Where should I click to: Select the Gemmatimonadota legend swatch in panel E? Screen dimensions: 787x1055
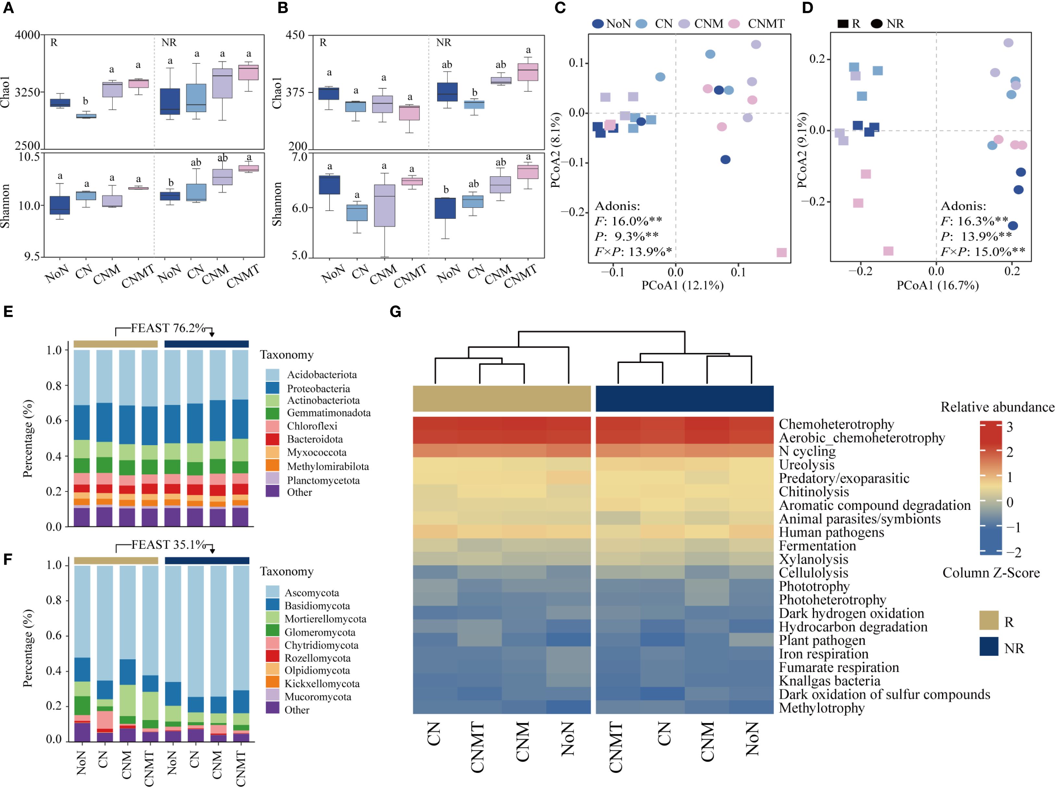pos(272,413)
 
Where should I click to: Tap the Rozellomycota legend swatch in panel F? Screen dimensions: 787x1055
pos(272,658)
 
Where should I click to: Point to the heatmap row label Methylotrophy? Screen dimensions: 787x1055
pos(821,708)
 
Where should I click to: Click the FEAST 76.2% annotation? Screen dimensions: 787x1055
pos(168,328)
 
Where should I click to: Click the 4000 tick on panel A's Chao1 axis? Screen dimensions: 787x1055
pos(28,35)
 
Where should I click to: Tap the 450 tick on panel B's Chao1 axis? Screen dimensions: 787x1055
pos(295,35)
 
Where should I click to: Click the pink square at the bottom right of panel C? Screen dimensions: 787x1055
pos(781,252)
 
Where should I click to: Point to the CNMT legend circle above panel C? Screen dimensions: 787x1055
pos(734,24)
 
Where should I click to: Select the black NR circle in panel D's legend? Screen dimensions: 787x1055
pos(876,24)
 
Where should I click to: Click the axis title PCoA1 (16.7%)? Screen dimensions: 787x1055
pos(937,285)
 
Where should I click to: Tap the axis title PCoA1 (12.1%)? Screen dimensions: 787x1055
pos(682,285)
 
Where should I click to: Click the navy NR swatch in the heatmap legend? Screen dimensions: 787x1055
pos(988,647)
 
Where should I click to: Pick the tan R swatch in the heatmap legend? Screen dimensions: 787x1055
pos(988,621)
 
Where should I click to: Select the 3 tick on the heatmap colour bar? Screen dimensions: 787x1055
pos(1009,427)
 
